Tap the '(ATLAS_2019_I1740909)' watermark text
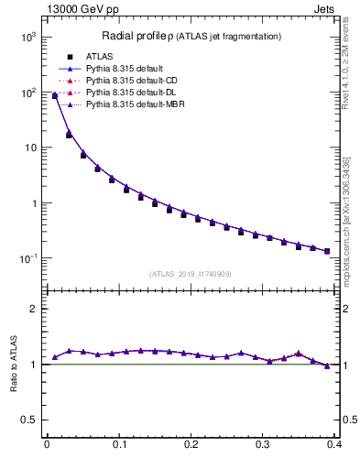click(191, 274)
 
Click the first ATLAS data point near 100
click(55, 95)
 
